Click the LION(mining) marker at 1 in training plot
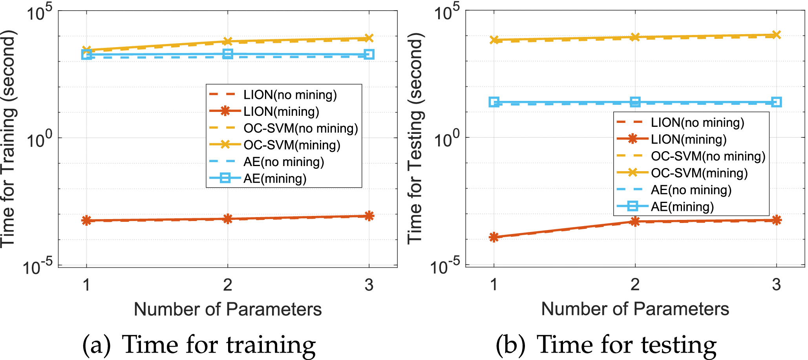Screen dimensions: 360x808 86,220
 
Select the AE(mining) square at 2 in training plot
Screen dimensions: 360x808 228,54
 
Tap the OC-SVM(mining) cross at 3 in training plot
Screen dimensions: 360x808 369,38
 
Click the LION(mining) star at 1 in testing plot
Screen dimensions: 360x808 494,237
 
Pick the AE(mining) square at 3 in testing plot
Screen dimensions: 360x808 776,102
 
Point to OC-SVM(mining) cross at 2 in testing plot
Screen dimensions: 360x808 635,37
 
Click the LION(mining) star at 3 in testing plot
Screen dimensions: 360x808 776,220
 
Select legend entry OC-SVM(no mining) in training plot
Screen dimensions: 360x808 300,128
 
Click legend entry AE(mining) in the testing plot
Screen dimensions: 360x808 682,206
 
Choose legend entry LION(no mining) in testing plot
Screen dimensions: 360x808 697,122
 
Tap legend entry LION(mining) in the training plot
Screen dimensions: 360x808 281,111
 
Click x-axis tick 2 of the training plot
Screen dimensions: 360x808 228,285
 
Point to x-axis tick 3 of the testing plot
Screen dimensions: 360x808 776,285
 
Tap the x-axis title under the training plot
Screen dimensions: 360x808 228,309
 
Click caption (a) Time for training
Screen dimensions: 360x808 199,345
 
